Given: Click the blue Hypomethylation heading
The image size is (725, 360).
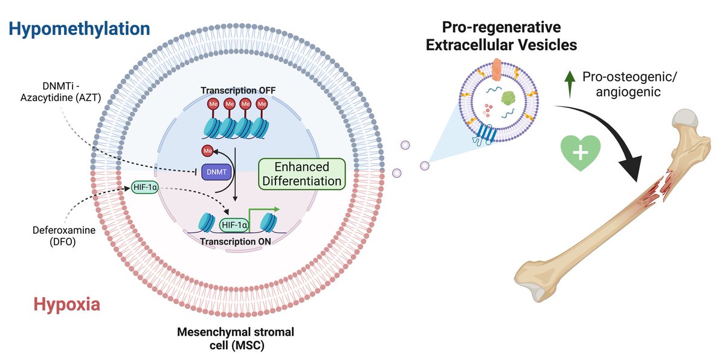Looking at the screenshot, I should (x=79, y=28).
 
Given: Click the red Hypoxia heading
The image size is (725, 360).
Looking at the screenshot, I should (x=66, y=305).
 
